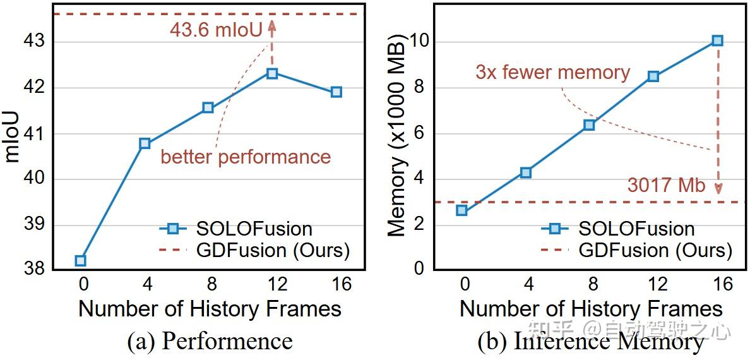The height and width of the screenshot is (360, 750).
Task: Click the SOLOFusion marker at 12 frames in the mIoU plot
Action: coord(272,73)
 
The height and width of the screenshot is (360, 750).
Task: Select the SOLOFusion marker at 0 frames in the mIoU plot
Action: coord(81,260)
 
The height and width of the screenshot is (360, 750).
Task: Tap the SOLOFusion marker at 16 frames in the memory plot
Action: coord(717,40)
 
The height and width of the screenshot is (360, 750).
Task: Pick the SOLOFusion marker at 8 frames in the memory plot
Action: coord(589,124)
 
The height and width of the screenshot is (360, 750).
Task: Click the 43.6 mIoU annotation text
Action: coord(215,30)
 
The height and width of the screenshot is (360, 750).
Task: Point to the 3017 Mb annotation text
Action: coord(666,185)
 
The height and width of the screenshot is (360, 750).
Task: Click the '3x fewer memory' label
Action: coord(553,72)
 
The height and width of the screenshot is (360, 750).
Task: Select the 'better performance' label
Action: coord(246,157)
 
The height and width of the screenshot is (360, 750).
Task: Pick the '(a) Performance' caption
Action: coord(210,342)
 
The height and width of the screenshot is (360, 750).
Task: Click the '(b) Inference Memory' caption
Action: coord(590,342)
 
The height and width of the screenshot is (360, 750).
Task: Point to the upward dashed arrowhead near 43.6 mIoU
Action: coord(272,24)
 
